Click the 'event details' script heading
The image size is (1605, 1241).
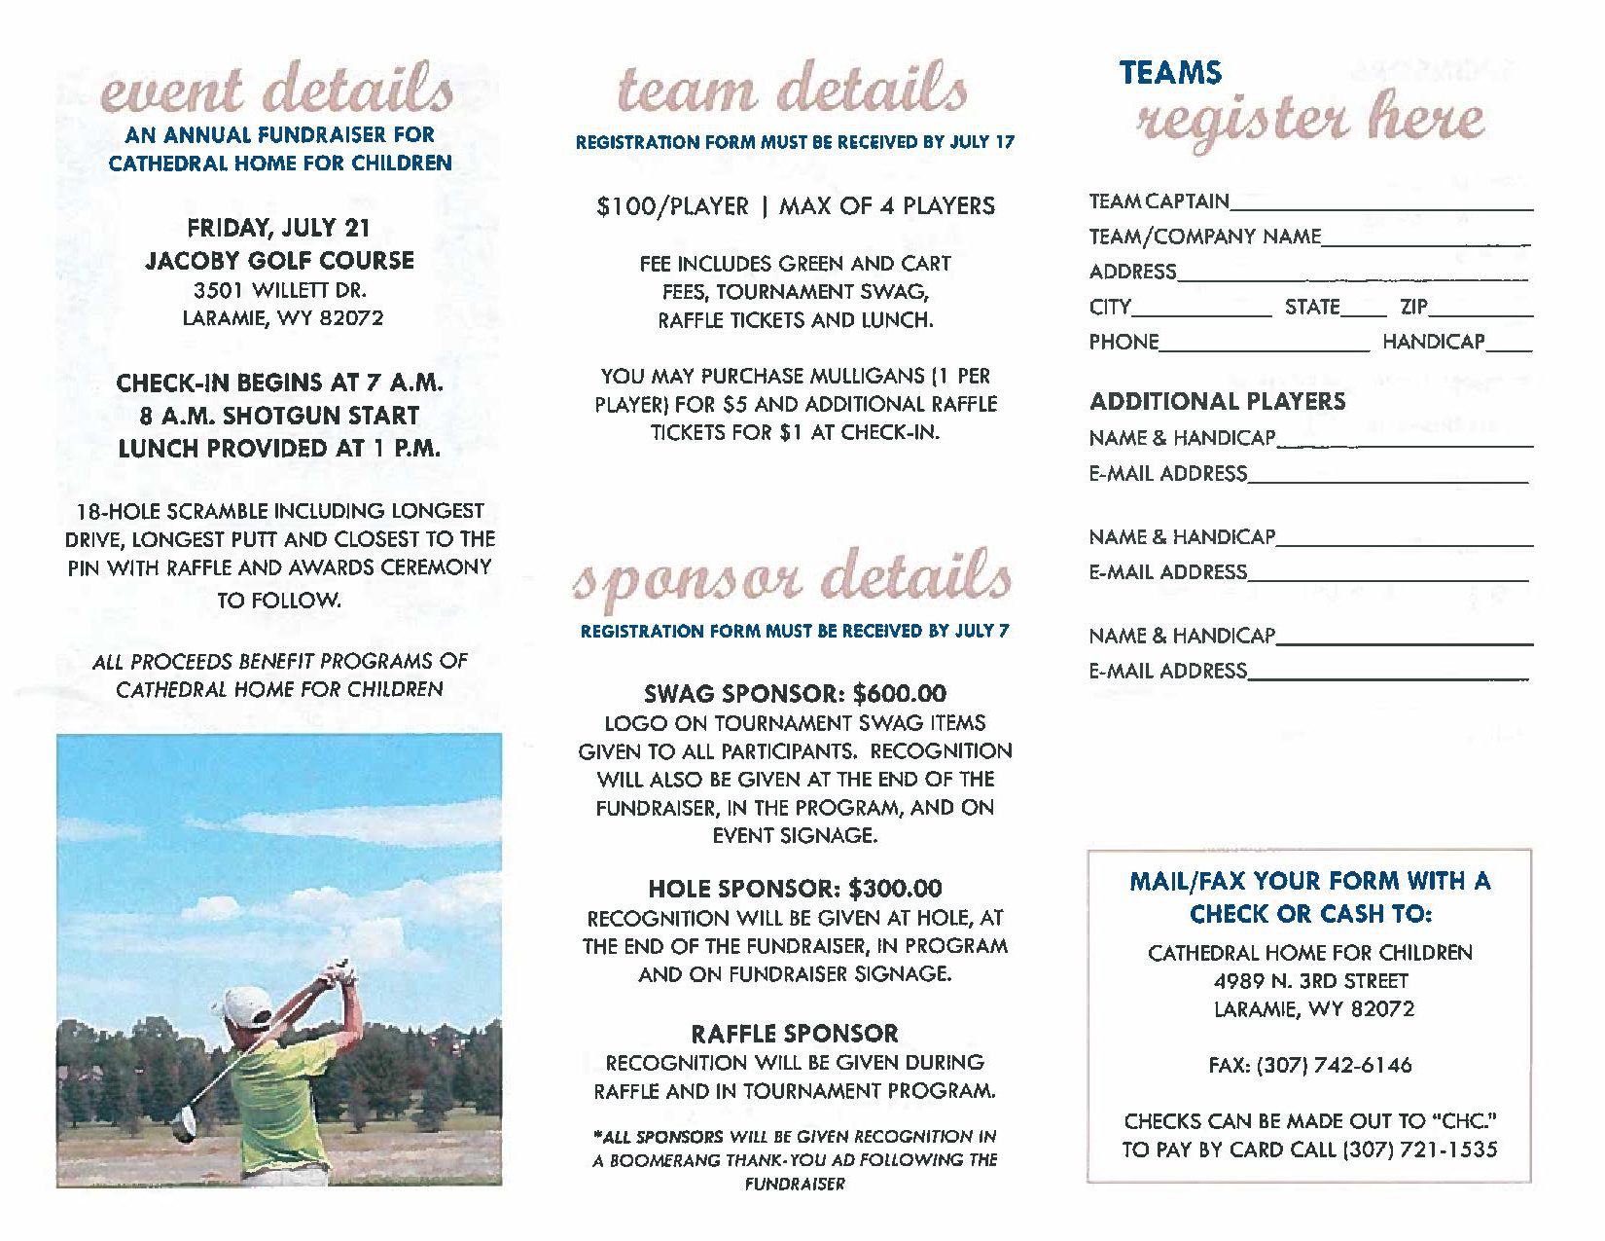pyautogui.click(x=277, y=90)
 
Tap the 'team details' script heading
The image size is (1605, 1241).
pyautogui.click(x=793, y=90)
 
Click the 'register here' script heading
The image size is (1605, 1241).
pyautogui.click(x=1310, y=120)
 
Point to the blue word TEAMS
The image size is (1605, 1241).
pyautogui.click(x=1170, y=73)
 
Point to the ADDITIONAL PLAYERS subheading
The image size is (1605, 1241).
pyautogui.click(x=1217, y=401)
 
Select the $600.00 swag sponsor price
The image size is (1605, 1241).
pyautogui.click(x=899, y=693)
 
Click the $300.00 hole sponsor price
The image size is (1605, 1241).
pyautogui.click(x=895, y=888)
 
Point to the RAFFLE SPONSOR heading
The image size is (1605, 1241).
pyautogui.click(x=795, y=1034)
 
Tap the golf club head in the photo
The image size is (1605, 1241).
pyautogui.click(x=183, y=1129)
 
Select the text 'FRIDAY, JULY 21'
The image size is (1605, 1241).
pyautogui.click(x=279, y=228)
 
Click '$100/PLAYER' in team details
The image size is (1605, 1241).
pyautogui.click(x=673, y=206)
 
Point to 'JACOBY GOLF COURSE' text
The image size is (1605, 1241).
pyautogui.click(x=280, y=260)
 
